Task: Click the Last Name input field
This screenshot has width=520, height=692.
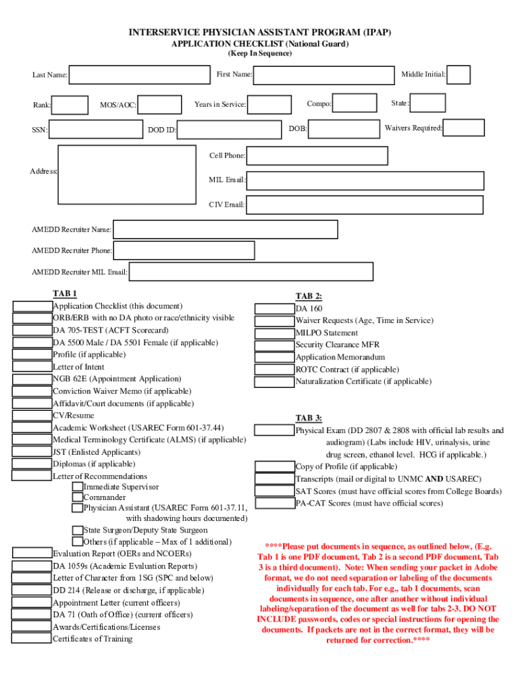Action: tap(140, 75)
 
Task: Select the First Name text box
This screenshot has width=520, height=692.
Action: tap(323, 75)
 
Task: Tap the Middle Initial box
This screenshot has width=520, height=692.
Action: tap(459, 75)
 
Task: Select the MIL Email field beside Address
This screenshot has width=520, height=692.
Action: tap(365, 180)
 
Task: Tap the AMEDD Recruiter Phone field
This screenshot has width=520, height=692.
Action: tap(184, 251)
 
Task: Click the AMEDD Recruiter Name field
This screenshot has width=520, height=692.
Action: tap(226, 230)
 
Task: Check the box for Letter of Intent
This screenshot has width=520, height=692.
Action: tap(32, 367)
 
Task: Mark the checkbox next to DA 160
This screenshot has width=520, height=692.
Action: tap(274, 309)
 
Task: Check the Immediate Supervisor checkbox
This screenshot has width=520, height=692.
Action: tap(78, 487)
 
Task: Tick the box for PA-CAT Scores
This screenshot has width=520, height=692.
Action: tap(274, 503)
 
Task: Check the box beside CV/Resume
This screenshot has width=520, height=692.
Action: tap(32, 416)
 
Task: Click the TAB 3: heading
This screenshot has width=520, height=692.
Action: tap(309, 418)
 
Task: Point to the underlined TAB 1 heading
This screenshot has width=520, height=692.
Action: tap(65, 294)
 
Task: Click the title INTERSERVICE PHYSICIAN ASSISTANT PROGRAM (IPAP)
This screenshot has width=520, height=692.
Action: tap(260, 32)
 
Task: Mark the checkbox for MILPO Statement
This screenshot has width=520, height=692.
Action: tap(274, 333)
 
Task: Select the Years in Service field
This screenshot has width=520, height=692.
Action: tap(272, 105)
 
